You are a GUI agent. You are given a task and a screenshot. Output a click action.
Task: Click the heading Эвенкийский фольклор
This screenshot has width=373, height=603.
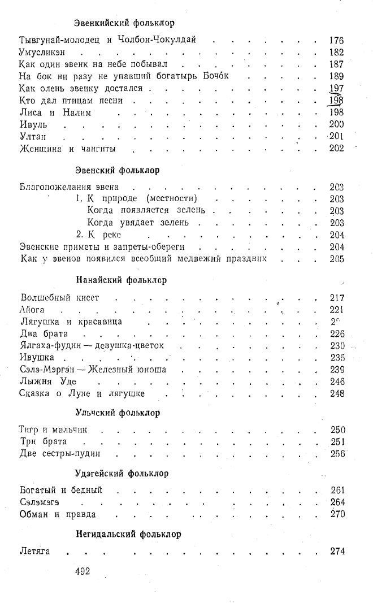[x=124, y=23]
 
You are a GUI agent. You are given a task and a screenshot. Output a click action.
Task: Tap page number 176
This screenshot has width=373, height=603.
[x=336, y=40]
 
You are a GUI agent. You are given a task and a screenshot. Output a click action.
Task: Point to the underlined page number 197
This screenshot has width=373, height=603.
[x=336, y=88]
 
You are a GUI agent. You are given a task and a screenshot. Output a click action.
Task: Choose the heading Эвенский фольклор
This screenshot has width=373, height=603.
[x=117, y=170]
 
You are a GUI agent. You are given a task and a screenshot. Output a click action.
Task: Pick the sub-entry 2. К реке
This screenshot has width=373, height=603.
[x=99, y=235]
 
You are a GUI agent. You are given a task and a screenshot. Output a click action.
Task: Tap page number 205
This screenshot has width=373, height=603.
[x=337, y=259]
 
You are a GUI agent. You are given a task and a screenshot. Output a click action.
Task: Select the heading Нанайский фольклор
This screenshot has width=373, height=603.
[x=121, y=280]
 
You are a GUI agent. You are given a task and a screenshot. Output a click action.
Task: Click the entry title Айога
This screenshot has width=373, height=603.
[x=32, y=310]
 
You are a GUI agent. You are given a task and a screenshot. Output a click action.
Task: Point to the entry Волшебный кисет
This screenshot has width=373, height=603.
[x=59, y=297]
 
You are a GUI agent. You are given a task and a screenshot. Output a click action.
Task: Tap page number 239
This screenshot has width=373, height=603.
[x=337, y=370]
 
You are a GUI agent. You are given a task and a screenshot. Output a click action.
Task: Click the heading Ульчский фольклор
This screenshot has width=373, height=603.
[x=118, y=413]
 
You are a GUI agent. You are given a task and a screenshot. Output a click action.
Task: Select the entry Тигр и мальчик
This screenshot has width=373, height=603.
[x=53, y=430]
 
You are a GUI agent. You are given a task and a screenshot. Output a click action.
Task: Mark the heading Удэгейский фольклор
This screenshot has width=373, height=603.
[x=122, y=473]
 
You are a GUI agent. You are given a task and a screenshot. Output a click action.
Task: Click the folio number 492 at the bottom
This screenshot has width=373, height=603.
[x=83, y=571]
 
